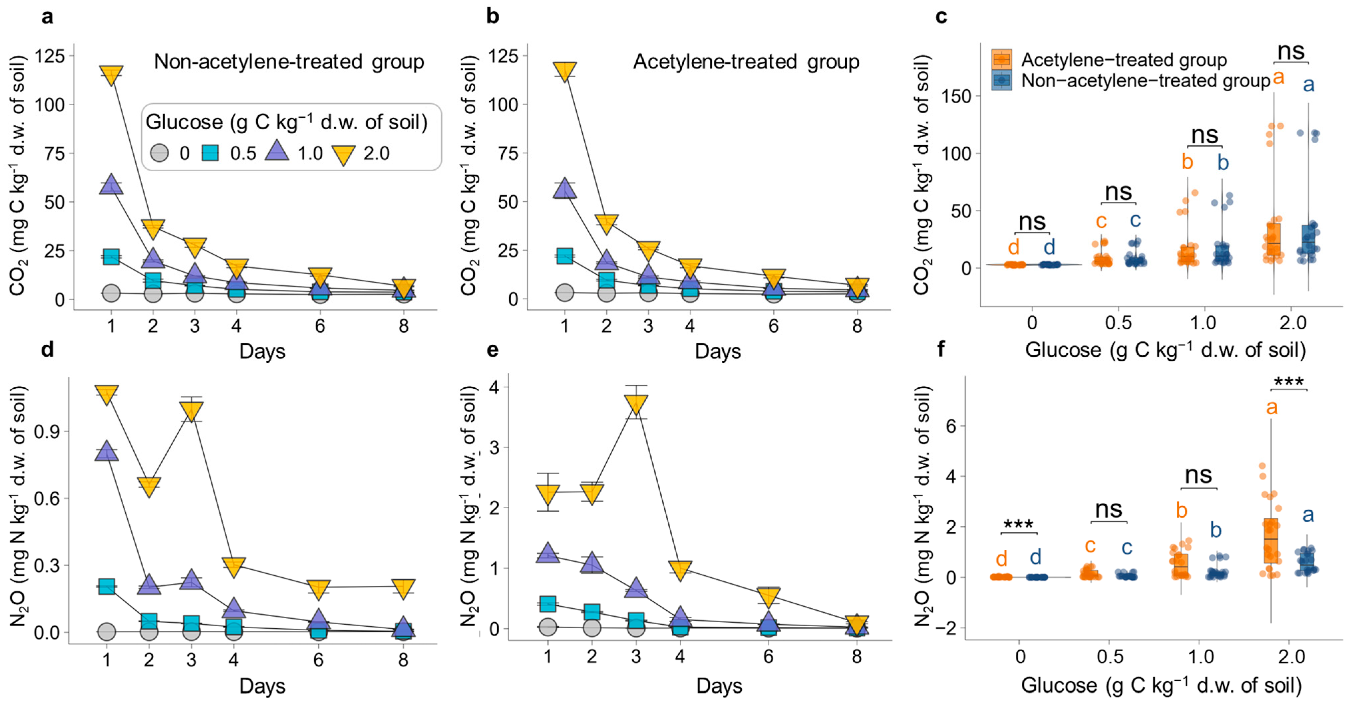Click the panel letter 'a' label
(47, 17)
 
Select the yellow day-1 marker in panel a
(111, 74)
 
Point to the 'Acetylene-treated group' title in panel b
(746, 62)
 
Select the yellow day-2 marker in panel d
(149, 486)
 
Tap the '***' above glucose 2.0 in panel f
(1289, 382)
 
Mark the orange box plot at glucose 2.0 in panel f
(1271, 541)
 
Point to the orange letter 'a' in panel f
(1271, 407)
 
